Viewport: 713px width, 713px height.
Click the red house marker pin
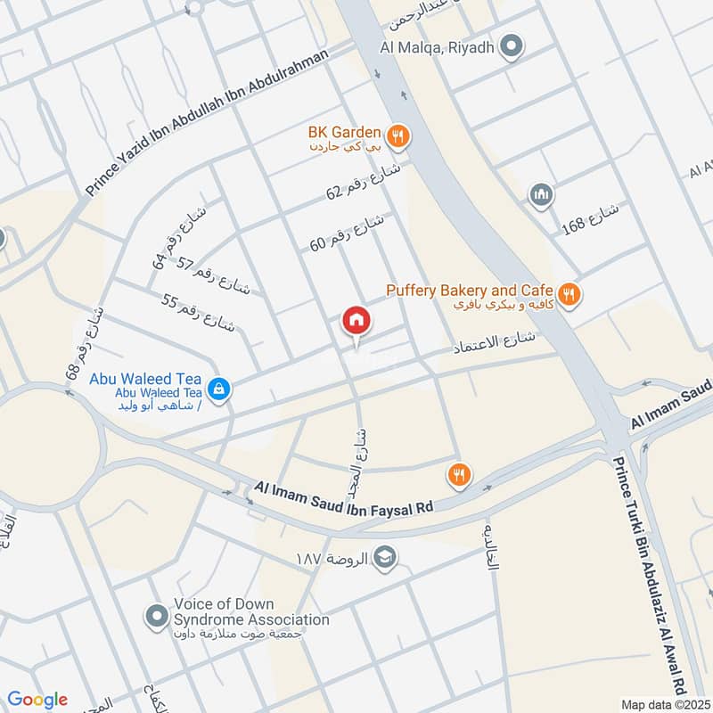[356, 321]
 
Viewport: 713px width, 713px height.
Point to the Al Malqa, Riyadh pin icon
[511, 46]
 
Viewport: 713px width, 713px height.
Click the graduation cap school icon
[385, 557]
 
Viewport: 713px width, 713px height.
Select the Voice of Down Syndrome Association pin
[156, 614]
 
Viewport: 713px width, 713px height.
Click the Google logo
[38, 700]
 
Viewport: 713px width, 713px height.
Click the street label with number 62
[365, 186]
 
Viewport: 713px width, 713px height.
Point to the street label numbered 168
[590, 220]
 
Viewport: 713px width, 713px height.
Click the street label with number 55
[198, 312]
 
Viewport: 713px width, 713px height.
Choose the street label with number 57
[214, 276]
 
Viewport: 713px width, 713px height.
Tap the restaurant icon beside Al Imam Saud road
[459, 474]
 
